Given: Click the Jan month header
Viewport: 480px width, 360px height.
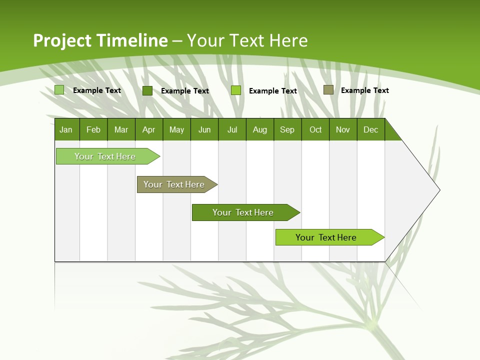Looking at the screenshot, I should pyautogui.click(x=66, y=129).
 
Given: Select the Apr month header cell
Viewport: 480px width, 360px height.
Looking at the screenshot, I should pyautogui.click(x=149, y=129).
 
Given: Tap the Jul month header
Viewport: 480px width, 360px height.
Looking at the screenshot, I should pyautogui.click(x=232, y=129).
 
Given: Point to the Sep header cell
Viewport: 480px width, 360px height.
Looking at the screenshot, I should pyautogui.click(x=287, y=129).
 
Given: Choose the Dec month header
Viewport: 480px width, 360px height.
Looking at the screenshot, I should pyautogui.click(x=370, y=129).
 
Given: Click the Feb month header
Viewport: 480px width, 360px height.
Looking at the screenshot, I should pyautogui.click(x=93, y=129).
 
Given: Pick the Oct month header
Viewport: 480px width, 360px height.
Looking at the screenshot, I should pyautogui.click(x=315, y=129).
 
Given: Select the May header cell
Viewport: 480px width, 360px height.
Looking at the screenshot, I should pyautogui.click(x=176, y=129).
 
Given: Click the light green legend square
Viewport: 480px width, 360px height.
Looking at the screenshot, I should pyautogui.click(x=59, y=90).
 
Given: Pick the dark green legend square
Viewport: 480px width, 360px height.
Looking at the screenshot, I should pyautogui.click(x=147, y=90).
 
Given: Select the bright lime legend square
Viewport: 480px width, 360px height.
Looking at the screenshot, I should pyautogui.click(x=236, y=90).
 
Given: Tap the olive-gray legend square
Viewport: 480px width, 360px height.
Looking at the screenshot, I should pyautogui.click(x=328, y=90).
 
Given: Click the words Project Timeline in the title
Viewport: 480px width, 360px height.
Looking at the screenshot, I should pyautogui.click(x=100, y=40).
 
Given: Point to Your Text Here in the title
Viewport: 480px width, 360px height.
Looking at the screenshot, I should pyautogui.click(x=247, y=40).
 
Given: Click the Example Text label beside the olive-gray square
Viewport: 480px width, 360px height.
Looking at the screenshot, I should pyautogui.click(x=364, y=90).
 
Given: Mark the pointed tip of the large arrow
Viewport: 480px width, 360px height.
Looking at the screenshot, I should pyautogui.click(x=439, y=189).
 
